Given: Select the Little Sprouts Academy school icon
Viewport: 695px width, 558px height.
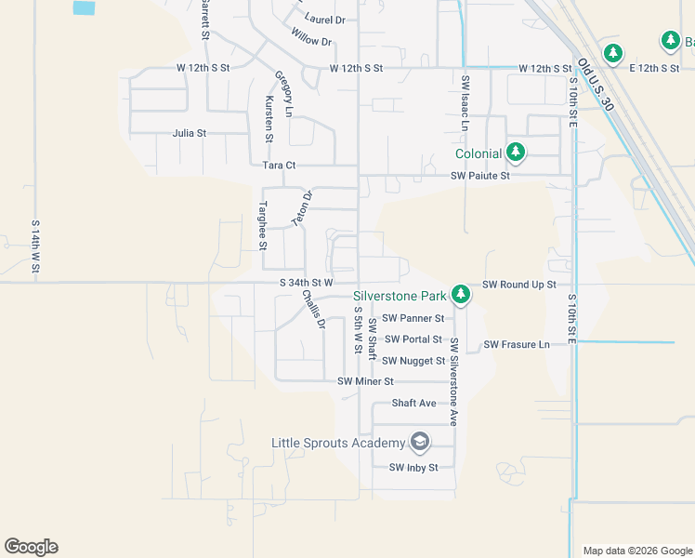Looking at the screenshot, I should [x=420, y=442].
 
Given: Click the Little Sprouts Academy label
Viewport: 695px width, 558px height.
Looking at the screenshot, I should [x=338, y=443].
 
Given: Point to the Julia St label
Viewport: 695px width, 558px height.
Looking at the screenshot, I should [x=190, y=133].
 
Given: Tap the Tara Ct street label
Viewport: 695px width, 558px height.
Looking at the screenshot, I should [x=279, y=165].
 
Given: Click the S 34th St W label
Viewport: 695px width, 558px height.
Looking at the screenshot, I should [x=306, y=283].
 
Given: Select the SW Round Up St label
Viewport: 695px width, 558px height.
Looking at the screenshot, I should [x=518, y=284].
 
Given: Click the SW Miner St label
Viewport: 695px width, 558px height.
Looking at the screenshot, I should [x=366, y=381].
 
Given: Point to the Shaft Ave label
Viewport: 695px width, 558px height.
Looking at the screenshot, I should [x=413, y=403].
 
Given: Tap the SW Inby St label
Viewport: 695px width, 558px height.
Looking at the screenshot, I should [x=413, y=467].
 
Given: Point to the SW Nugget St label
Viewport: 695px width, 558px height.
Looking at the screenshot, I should [x=414, y=361].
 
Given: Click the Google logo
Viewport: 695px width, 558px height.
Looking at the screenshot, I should [x=31, y=547].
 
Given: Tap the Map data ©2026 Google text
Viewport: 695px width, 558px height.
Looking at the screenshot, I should [x=636, y=551].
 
